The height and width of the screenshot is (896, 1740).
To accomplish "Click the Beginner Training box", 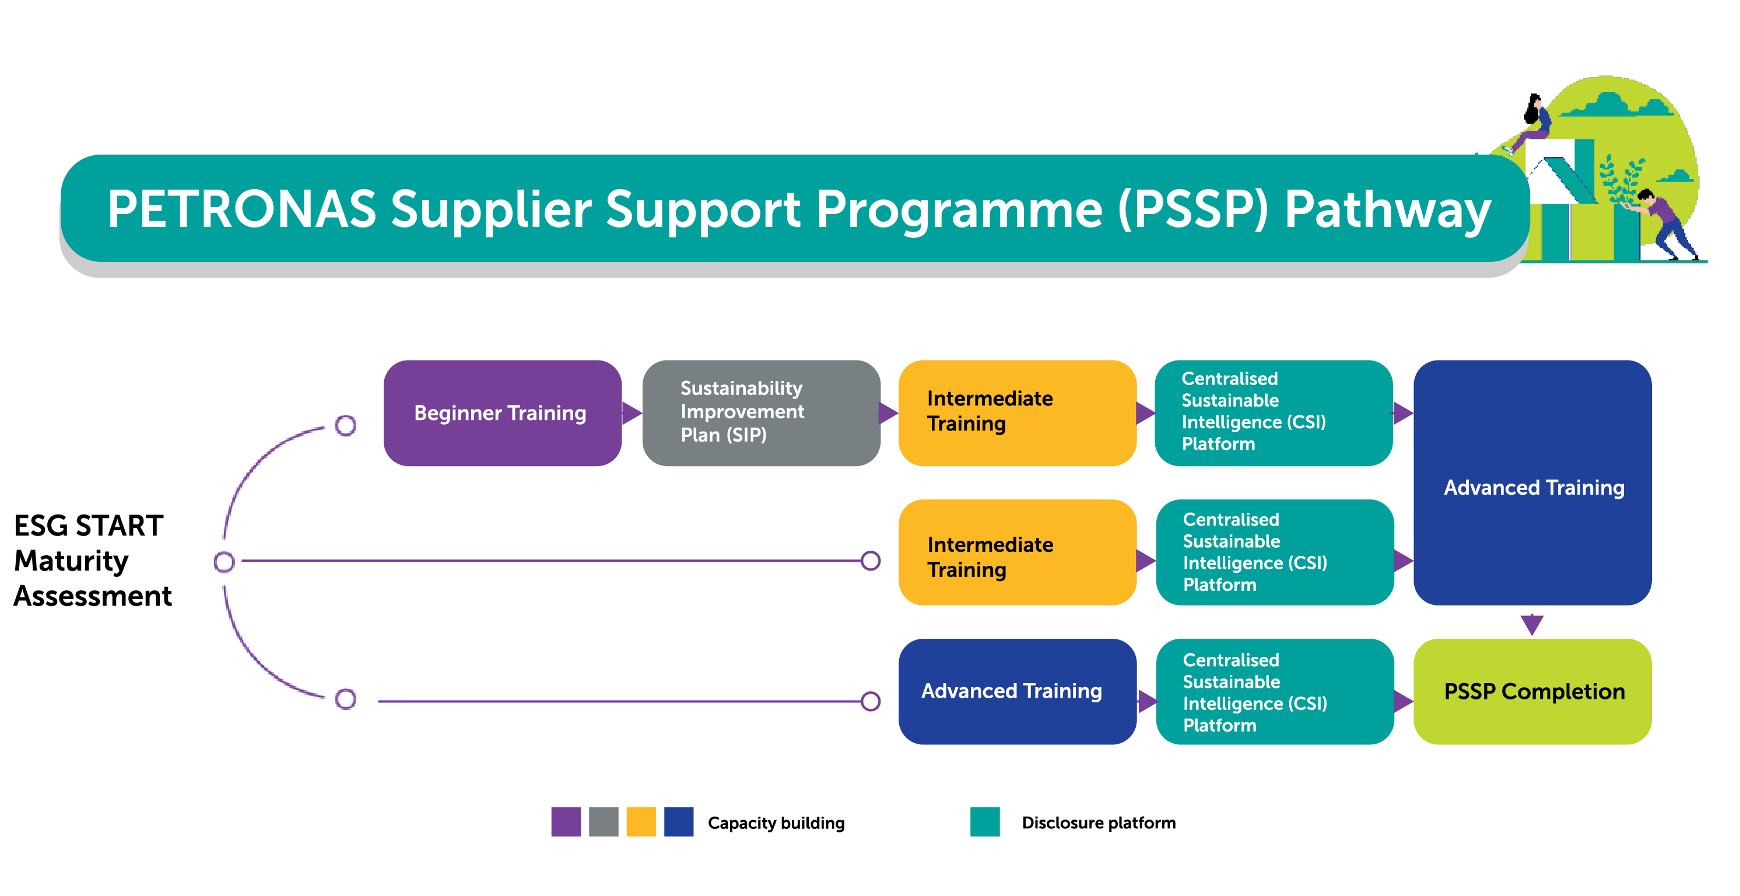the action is tap(503, 413).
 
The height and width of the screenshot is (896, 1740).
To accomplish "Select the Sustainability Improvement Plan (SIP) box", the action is tap(762, 413).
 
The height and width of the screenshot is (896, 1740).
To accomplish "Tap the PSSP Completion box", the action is tap(1532, 691).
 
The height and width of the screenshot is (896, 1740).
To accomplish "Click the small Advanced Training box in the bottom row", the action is tap(1018, 691).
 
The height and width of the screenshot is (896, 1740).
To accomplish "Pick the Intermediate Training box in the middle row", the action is tap(1018, 552).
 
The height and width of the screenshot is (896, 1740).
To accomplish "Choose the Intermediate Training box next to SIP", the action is tap(1018, 413).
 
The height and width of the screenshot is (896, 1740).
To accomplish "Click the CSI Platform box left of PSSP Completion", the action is tap(1275, 691).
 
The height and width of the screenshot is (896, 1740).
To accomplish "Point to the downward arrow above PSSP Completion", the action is tap(1532, 624).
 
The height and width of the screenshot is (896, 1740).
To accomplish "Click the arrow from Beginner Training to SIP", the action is tap(632, 413).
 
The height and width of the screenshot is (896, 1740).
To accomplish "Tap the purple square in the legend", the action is tap(566, 822).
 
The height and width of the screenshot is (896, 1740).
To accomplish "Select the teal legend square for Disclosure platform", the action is tap(985, 822).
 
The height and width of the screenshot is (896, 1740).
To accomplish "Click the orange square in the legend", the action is tap(641, 822).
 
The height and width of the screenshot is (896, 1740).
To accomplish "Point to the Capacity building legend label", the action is tap(776, 823).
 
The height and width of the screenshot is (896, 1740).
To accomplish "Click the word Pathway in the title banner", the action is tap(1387, 210).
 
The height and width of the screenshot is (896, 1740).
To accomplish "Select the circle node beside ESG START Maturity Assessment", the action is tap(224, 562).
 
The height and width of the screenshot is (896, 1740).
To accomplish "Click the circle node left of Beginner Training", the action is tap(346, 425).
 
